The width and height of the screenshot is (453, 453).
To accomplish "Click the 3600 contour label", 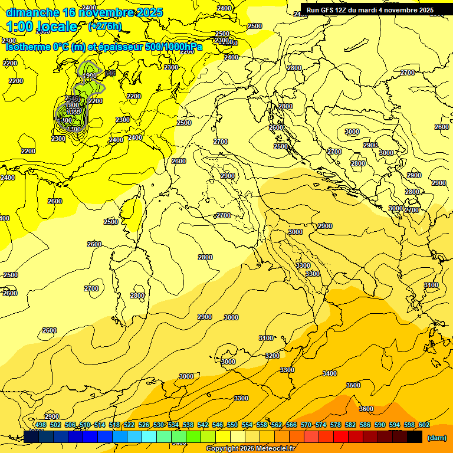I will pos(366,409).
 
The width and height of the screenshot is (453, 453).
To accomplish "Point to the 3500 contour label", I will pos(353,385).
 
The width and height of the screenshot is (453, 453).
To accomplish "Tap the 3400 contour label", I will pos(330,373).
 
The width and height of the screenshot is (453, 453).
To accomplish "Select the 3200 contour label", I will pos(272,356).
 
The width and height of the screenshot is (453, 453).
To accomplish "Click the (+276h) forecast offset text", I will pos(104,26).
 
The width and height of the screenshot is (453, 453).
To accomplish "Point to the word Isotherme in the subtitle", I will pos(28,47).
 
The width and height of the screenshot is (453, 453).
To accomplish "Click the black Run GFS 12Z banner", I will pos(370,9).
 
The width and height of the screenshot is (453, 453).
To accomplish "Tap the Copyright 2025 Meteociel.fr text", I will pos(250,449).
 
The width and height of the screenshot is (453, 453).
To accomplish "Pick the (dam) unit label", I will pos(436,438).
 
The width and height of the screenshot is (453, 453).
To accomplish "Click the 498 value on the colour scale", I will pos(41,425).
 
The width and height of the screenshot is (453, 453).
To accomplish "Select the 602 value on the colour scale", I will pos(424,425).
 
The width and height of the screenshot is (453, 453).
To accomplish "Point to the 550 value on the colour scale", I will pos(232,425).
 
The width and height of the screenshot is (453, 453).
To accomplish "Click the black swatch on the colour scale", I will pos(415,436).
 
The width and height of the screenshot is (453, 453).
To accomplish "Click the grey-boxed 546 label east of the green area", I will pos(109,73).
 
